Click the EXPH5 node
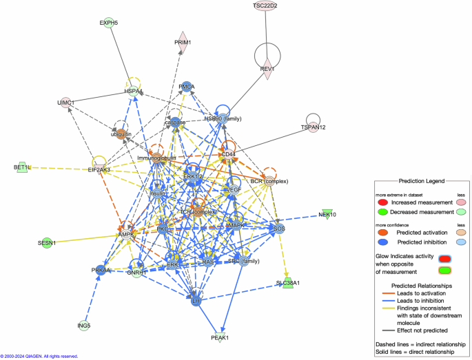point(109,23)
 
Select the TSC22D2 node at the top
point(265,6)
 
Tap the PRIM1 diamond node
point(183,41)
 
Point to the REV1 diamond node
point(267,69)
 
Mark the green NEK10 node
point(327,214)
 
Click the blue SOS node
point(279,228)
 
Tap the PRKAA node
point(101,270)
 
